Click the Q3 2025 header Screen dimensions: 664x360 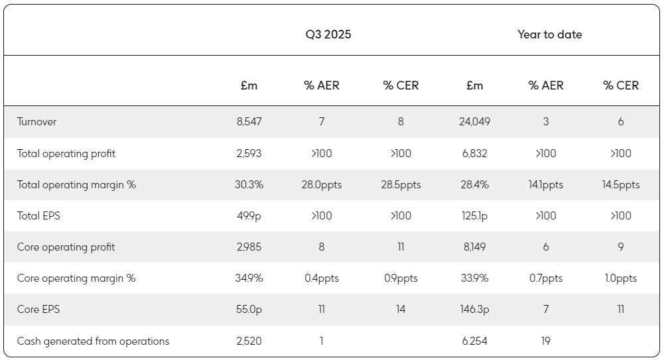[x=328, y=34]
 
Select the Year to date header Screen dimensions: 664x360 [x=550, y=34]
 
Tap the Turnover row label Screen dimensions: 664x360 [x=37, y=122]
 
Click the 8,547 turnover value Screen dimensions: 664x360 [x=249, y=122]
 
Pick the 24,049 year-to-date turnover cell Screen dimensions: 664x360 [x=475, y=122]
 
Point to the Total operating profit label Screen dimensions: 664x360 [x=66, y=154]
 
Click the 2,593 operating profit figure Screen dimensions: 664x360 [x=249, y=154]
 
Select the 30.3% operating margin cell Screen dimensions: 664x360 [x=249, y=185]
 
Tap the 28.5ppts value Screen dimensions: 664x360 [x=401, y=185]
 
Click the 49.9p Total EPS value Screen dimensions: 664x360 [x=249, y=216]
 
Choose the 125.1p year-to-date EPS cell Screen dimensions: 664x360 [x=475, y=216]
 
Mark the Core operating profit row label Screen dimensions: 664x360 [x=66, y=247]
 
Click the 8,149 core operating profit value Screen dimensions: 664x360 [x=475, y=247]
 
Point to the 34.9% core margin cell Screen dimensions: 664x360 [x=249, y=278]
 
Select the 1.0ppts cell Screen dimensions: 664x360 [x=620, y=278]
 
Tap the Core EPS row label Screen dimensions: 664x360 [x=38, y=309]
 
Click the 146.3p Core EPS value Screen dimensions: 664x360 [x=475, y=310]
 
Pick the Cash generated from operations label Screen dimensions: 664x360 [x=93, y=341]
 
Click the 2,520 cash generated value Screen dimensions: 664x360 [x=249, y=341]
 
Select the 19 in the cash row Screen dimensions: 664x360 [x=545, y=341]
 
